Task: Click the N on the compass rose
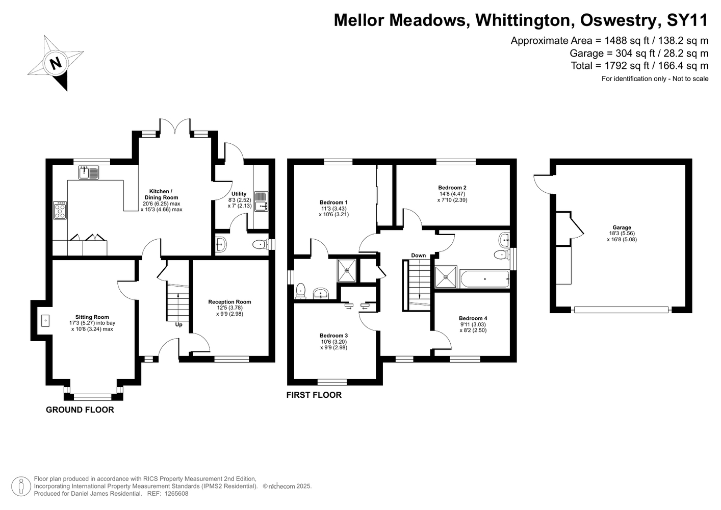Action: pyautogui.click(x=56, y=63)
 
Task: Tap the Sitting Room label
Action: pyautogui.click(x=92, y=317)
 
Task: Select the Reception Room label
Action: pyautogui.click(x=229, y=302)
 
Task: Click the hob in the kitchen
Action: pyautogui.click(x=60, y=210)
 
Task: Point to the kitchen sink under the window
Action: pyautogui.click(x=89, y=172)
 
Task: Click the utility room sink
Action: pyautogui.click(x=261, y=201)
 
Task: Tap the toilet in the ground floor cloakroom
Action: pyautogui.click(x=261, y=245)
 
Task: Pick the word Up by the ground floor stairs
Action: pyautogui.click(x=178, y=324)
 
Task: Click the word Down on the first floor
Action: pyautogui.click(x=419, y=256)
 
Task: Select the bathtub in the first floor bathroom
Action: pyautogui.click(x=485, y=279)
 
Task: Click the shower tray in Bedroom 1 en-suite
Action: pyautogui.click(x=347, y=270)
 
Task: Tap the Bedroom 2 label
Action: pyautogui.click(x=452, y=188)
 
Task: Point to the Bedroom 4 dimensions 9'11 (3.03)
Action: pyautogui.click(x=473, y=324)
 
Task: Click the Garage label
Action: pyautogui.click(x=622, y=227)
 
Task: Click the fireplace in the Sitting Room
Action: pyautogui.click(x=45, y=321)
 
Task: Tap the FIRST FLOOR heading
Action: pyautogui.click(x=314, y=395)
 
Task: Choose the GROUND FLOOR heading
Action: pyautogui.click(x=80, y=410)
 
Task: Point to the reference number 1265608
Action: pyautogui.click(x=176, y=494)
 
